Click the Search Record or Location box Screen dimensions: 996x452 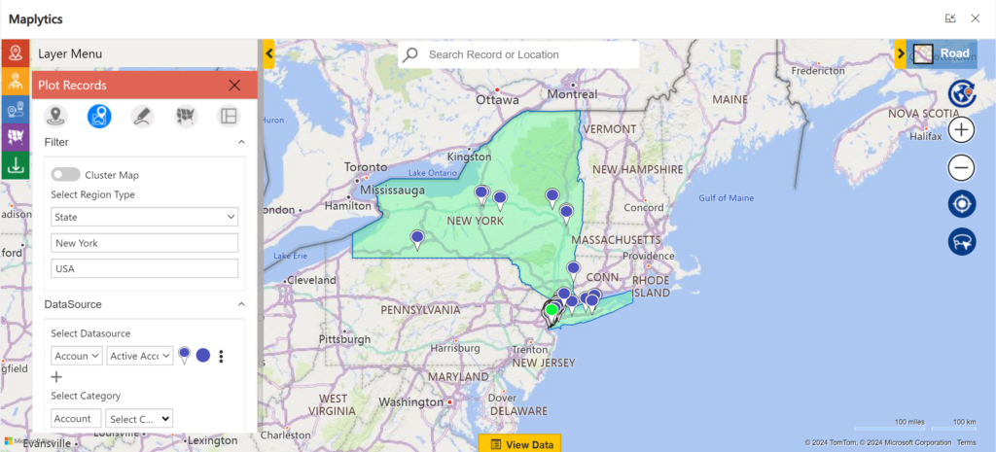[525, 54]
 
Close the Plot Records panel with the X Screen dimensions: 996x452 [234, 86]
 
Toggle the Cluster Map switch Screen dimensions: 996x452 [66, 175]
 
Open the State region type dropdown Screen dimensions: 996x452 [145, 217]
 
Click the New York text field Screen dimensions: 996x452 [145, 243]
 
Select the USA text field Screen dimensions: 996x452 [145, 268]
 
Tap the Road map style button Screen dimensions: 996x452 [942, 54]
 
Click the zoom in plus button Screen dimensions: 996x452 [962, 130]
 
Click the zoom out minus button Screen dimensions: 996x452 [962, 168]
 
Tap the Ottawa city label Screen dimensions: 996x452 [498, 99]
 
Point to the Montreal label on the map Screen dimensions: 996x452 [572, 94]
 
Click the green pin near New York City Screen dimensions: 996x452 [551, 310]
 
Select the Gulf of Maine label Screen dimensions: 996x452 [726, 198]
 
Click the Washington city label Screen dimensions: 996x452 [410, 402]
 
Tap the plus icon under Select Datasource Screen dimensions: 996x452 [56, 377]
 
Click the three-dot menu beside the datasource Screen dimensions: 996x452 [222, 357]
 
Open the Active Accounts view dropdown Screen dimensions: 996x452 [140, 356]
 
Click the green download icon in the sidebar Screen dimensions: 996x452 [15, 165]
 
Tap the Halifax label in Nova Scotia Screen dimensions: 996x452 [925, 137]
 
